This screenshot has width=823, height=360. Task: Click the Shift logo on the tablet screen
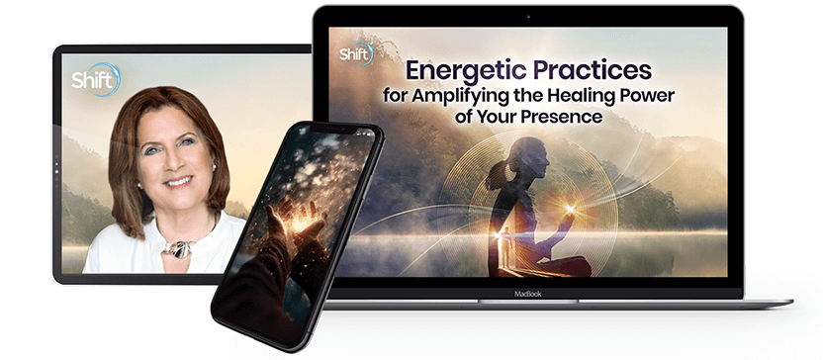[96, 80]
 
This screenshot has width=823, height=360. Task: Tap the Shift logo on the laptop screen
[356, 54]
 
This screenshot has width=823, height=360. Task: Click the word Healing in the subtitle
[586, 96]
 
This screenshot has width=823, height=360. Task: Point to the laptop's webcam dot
[528, 16]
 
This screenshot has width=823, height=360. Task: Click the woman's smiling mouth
[177, 182]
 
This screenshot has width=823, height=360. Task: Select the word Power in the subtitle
[651, 96]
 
